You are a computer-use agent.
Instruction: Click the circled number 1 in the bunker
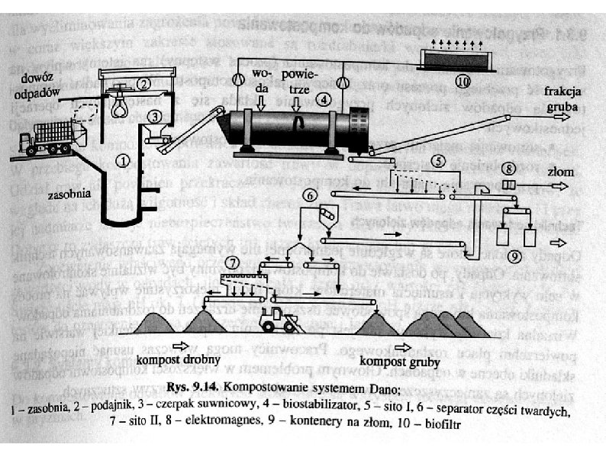122,160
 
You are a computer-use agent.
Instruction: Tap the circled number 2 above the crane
143,84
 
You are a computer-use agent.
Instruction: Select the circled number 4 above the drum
324,99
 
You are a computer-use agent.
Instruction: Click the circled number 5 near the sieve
437,161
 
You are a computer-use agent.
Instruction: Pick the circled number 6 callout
309,195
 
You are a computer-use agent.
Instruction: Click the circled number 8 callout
509,167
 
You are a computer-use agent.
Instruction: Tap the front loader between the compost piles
279,319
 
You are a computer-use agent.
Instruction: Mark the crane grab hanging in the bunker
120,105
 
